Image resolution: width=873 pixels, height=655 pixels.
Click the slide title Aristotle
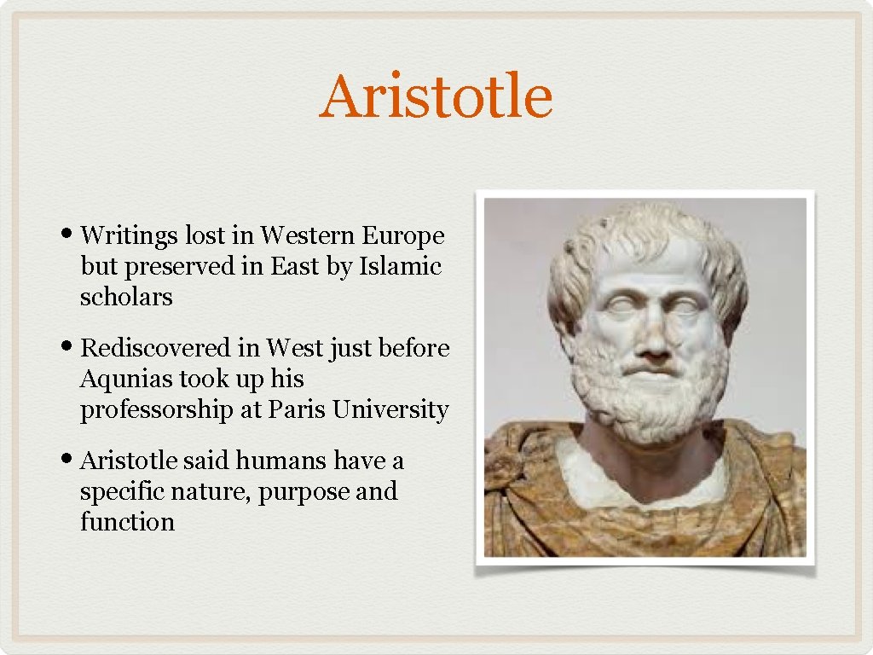click(436, 96)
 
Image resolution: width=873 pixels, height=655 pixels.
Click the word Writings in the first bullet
click(130, 235)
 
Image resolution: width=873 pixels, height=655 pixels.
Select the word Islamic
click(400, 266)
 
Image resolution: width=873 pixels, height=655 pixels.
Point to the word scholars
click(126, 297)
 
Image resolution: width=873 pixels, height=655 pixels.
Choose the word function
click(127, 522)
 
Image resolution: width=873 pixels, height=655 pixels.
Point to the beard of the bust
click(652, 392)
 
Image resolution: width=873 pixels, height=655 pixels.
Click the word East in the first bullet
click(294, 266)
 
